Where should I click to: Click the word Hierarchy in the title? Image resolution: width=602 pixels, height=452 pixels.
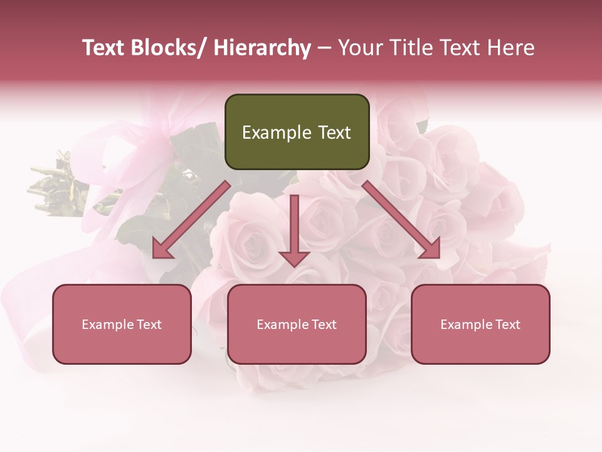(262, 48)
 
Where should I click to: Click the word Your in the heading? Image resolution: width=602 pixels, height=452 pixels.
(359, 48)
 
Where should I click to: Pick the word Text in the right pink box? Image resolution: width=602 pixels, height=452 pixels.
(507, 325)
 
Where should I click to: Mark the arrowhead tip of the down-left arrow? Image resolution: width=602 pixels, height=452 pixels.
(154, 257)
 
